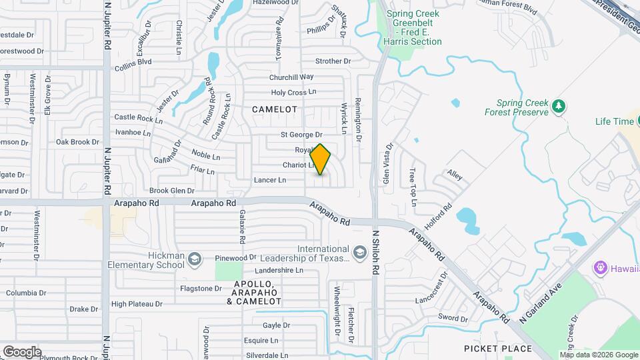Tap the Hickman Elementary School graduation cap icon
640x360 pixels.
point(195,259)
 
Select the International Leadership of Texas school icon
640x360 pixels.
point(360,253)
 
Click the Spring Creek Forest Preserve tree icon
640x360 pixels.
point(559,105)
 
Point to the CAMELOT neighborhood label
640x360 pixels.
point(274,109)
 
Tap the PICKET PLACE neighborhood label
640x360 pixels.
point(498,349)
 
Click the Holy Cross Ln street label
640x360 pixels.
point(293,93)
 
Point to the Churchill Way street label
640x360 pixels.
point(291,77)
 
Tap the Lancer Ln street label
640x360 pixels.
point(269,180)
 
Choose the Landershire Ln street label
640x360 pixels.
point(279,271)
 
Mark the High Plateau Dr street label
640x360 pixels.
point(137,304)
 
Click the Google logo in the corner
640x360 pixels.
point(21,351)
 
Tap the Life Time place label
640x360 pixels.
point(614,121)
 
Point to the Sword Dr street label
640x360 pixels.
point(453,319)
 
